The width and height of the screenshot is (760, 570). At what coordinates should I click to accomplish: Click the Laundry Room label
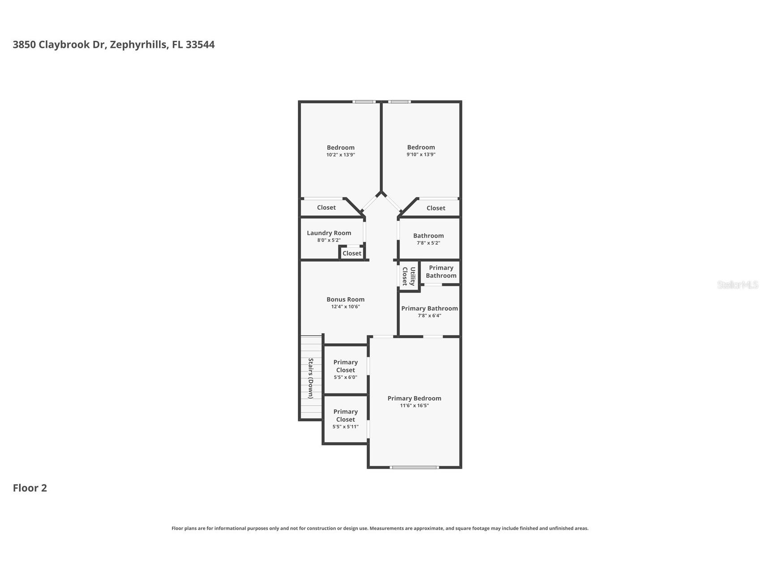pyautogui.click(x=329, y=233)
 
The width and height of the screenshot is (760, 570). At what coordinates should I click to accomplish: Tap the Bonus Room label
pyautogui.click(x=345, y=299)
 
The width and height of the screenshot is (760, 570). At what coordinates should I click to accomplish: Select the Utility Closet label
pyautogui.click(x=408, y=276)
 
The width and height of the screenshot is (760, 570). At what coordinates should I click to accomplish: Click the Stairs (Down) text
pyautogui.click(x=310, y=378)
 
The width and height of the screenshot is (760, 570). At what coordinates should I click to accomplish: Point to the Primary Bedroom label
pyautogui.click(x=414, y=398)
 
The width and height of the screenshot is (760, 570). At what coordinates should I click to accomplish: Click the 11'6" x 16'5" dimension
pyautogui.click(x=414, y=406)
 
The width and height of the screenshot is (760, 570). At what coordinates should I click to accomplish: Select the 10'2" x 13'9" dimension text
pyautogui.click(x=340, y=155)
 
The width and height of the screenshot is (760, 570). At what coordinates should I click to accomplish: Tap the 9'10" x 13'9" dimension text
pyautogui.click(x=421, y=155)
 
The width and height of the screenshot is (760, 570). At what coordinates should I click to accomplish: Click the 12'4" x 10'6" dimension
pyautogui.click(x=345, y=307)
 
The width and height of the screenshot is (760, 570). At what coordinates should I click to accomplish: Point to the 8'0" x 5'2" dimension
pyautogui.click(x=329, y=240)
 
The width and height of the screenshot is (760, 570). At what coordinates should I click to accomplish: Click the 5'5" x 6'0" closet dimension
pyautogui.click(x=345, y=377)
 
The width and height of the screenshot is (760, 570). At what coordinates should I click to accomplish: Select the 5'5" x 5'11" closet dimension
pyautogui.click(x=345, y=427)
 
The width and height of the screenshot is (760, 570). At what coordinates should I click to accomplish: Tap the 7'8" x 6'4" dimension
pyautogui.click(x=429, y=315)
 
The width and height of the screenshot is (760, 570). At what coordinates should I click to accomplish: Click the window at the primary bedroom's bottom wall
pyautogui.click(x=414, y=467)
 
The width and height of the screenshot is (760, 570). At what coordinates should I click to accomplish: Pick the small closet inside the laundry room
pyautogui.click(x=352, y=253)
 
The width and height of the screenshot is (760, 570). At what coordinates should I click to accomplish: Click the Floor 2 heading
pyautogui.click(x=30, y=488)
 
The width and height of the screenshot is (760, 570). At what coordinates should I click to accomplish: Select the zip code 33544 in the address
pyautogui.click(x=200, y=44)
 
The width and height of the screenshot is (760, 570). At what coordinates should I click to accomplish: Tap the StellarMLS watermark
pyautogui.click(x=738, y=285)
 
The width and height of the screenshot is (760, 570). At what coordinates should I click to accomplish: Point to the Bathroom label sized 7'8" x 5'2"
pyautogui.click(x=428, y=236)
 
